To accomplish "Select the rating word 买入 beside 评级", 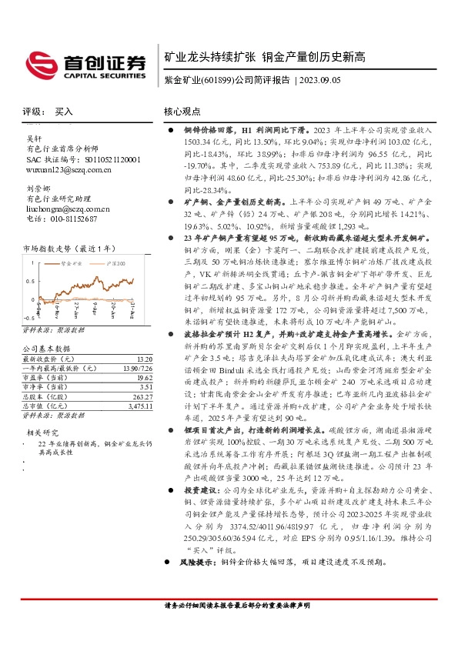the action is (x=64, y=112).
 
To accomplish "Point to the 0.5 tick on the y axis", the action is (x=28, y=280).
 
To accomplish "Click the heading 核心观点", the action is (x=182, y=112).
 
